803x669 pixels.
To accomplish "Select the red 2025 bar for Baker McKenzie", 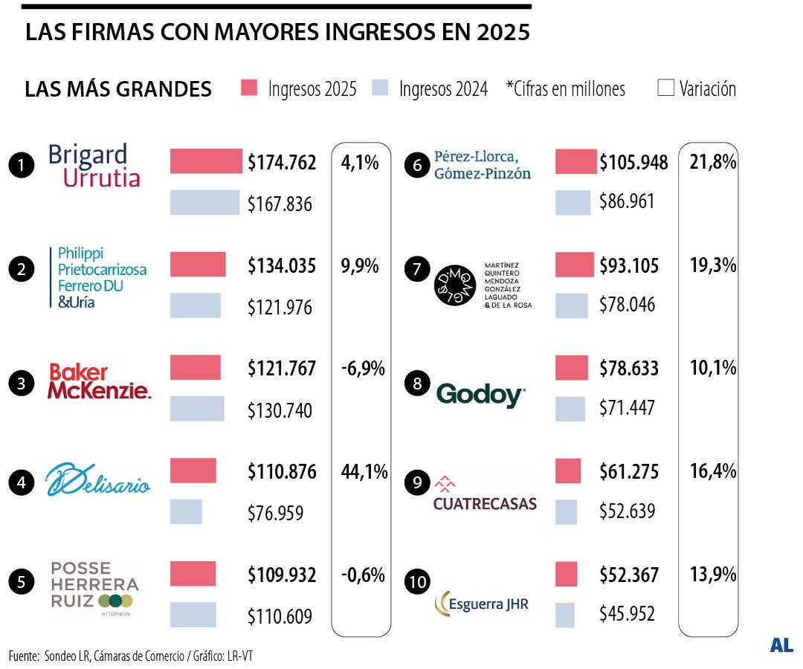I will coord(195,368).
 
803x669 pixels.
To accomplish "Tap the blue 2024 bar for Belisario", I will coord(186,511).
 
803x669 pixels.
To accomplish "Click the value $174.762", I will coord(282,163).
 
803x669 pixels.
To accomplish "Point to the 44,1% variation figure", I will coord(364,471).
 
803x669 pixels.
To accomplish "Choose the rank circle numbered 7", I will coord(416,269).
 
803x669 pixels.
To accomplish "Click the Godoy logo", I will coord(480,394).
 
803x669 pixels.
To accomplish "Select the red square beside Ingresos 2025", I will coord(249,88).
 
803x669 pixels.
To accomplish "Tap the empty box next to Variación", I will coord(665,88).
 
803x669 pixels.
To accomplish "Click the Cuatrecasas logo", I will coord(485,494).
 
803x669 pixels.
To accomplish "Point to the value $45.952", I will coord(627,614).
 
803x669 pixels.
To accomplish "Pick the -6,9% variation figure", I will coord(363,368).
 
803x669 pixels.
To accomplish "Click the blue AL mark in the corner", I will coord(781,645).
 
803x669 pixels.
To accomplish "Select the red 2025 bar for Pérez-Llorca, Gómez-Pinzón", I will coord(575,161).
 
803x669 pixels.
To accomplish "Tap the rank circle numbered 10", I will coord(418,581).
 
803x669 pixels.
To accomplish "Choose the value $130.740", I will coord(280,410).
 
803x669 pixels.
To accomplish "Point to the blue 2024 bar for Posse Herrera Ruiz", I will coord(193,615).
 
